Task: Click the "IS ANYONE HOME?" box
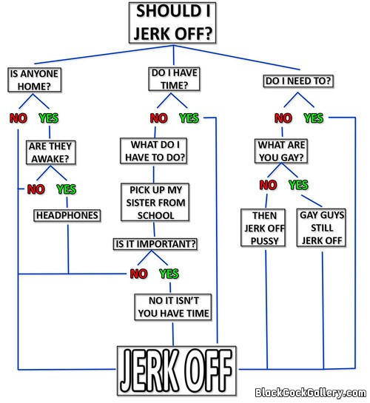[35, 80]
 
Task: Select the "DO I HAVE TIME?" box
[174, 79]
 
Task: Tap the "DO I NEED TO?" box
[298, 81]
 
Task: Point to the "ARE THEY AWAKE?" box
[50, 152]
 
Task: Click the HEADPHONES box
[67, 215]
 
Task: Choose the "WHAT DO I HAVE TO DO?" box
[153, 151]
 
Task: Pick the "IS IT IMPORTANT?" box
[155, 244]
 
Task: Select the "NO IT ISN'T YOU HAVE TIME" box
[173, 307]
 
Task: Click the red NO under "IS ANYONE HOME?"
[18, 118]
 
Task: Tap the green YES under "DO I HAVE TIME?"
[189, 118]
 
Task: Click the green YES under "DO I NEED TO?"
[314, 118]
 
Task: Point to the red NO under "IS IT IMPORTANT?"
[138, 274]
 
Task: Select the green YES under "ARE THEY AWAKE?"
[67, 189]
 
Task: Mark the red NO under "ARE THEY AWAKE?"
[36, 189]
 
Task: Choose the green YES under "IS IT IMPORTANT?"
[169, 274]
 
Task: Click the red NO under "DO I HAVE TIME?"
[158, 118]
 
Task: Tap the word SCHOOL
[156, 215]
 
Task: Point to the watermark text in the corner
[310, 393]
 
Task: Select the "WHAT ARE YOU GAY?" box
[281, 151]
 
